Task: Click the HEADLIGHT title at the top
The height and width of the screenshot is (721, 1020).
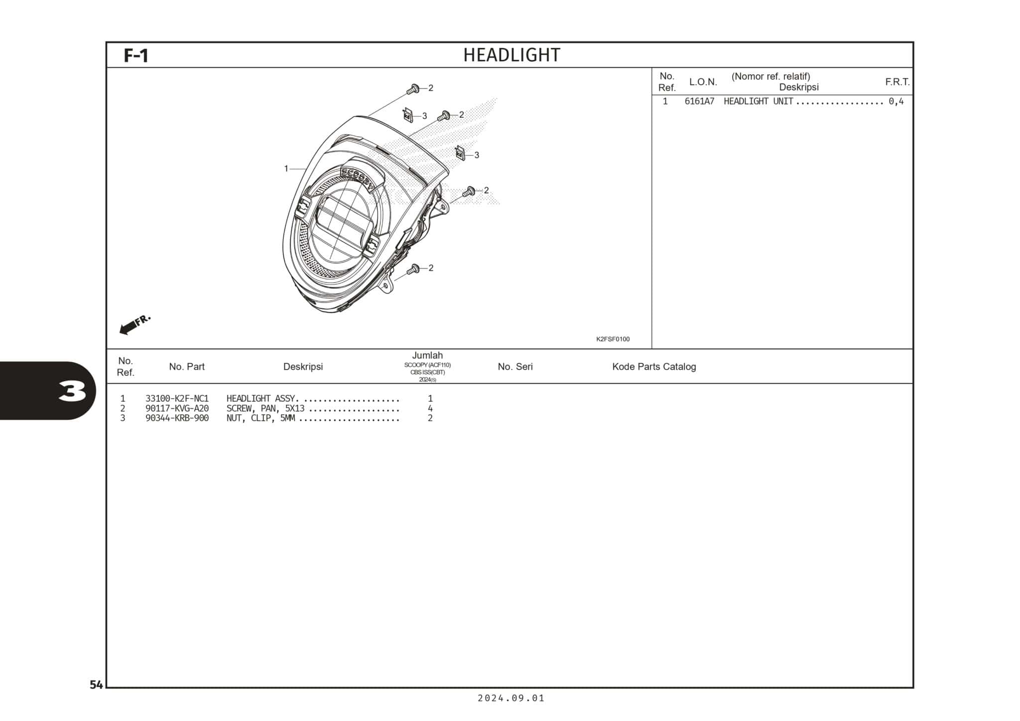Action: (x=511, y=55)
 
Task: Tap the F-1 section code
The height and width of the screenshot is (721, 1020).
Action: (x=135, y=55)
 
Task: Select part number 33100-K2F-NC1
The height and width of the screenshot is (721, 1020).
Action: (x=177, y=398)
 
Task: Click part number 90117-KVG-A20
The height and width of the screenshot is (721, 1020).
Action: (x=177, y=408)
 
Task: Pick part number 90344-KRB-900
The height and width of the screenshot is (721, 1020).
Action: (x=177, y=418)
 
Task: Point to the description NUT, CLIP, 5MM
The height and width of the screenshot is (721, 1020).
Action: (x=260, y=418)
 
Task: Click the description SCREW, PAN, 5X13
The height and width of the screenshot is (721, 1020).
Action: (x=265, y=408)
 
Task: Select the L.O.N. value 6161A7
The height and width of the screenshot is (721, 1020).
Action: (x=699, y=102)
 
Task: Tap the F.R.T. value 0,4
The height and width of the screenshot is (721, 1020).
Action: (x=896, y=102)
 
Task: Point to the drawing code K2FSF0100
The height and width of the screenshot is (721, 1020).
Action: (x=613, y=339)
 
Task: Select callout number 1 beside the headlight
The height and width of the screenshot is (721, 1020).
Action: (x=286, y=169)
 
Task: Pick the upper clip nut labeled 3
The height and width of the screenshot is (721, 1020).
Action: (x=408, y=116)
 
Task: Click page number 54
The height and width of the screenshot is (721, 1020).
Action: (x=96, y=685)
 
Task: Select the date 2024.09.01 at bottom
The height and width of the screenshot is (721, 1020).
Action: (x=511, y=698)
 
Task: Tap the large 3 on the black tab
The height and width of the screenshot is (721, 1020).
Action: (x=72, y=391)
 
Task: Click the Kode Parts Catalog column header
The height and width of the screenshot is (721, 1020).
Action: (x=653, y=366)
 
